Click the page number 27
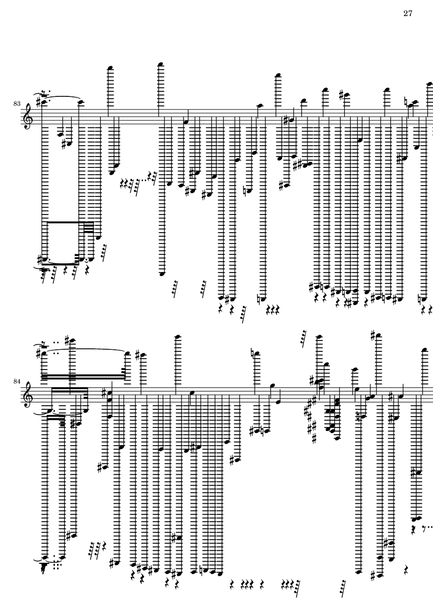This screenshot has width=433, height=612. (407, 13)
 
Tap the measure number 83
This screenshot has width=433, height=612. (17, 104)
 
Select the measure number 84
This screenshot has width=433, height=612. (17, 382)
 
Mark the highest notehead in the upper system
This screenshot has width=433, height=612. (160, 64)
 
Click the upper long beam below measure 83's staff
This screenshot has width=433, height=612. (63, 222)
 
